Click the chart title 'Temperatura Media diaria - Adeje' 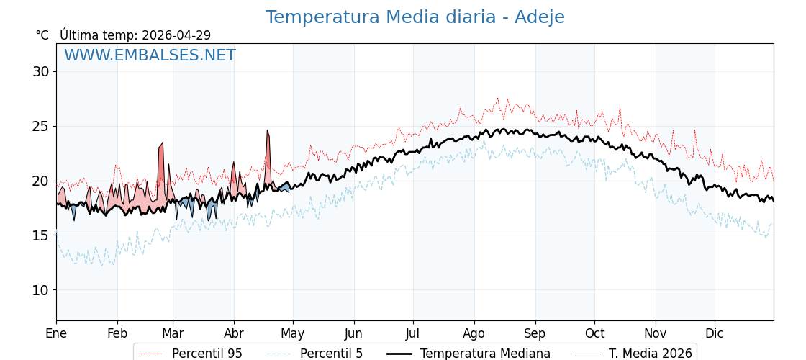415,17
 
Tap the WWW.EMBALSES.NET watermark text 150,55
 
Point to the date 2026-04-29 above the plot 176,35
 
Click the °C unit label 42,35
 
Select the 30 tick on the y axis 40,71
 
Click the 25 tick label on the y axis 40,126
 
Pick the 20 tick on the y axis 40,181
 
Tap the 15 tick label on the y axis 40,235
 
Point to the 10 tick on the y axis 40,290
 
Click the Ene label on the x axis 56,333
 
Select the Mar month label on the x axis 173,333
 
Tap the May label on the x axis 293,333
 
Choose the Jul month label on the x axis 413,333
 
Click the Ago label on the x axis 474,333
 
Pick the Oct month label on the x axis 594,333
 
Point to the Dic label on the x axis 715,333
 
